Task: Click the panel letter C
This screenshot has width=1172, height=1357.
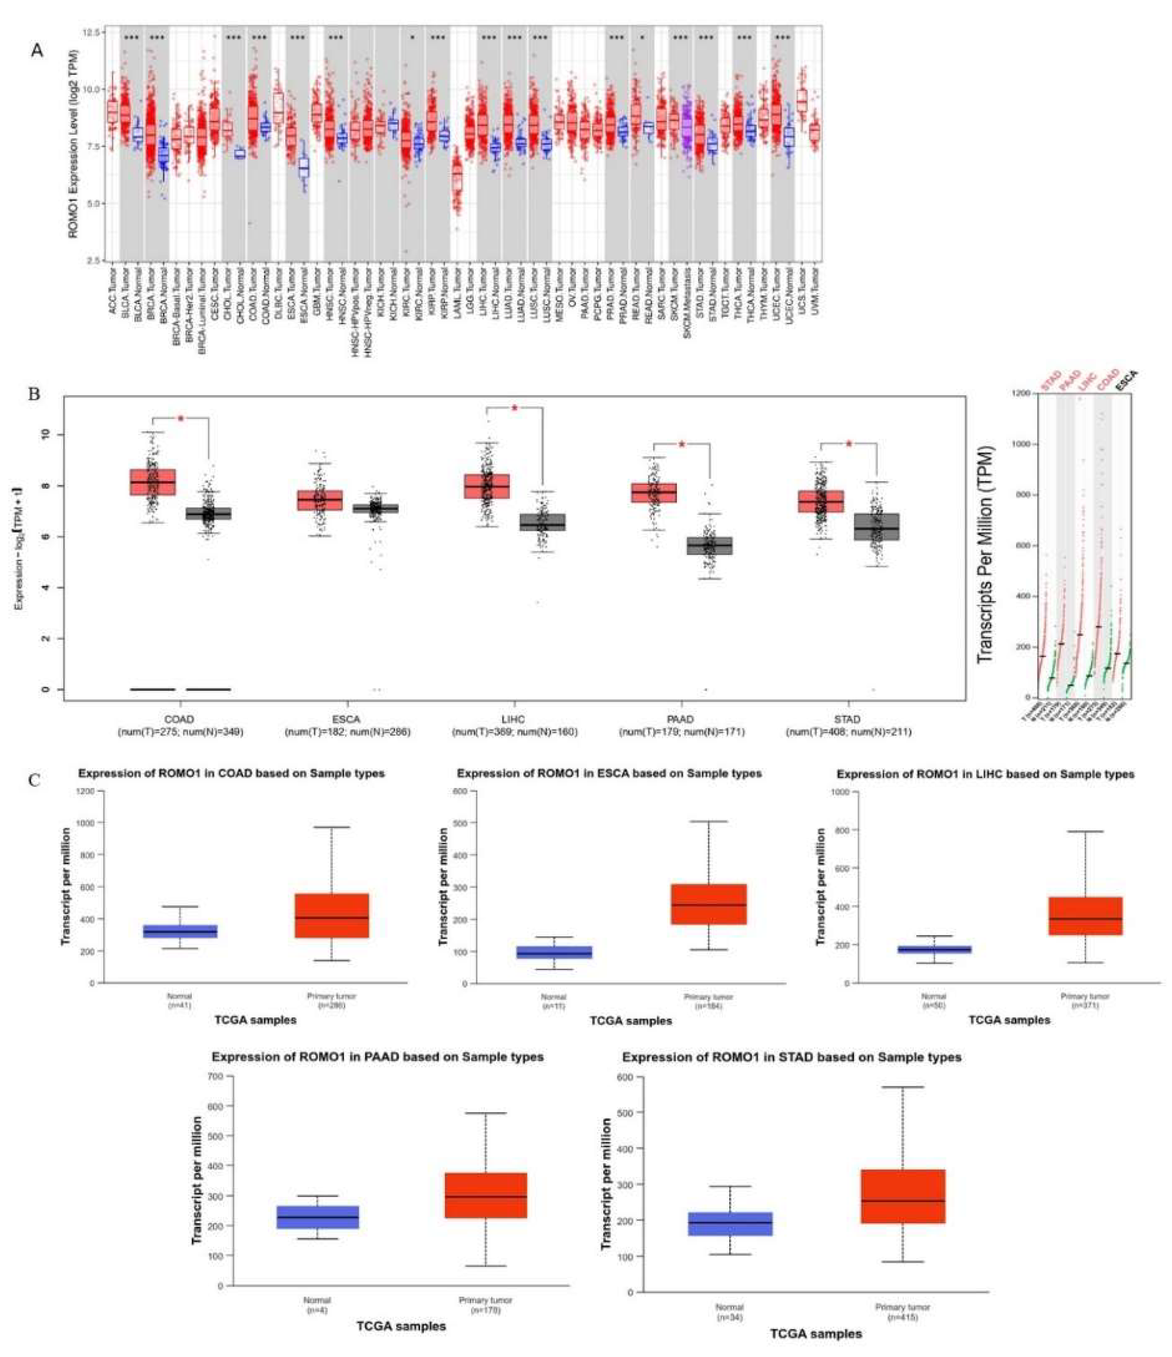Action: [x=34, y=780]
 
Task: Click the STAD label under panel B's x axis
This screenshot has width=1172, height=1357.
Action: [x=848, y=719]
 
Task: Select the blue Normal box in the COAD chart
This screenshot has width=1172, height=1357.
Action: [x=180, y=931]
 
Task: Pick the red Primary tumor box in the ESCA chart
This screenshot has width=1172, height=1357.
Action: [x=709, y=904]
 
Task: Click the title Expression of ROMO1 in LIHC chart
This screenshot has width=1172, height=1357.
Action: [x=986, y=774]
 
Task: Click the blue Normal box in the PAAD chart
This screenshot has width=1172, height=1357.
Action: [x=318, y=1217]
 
